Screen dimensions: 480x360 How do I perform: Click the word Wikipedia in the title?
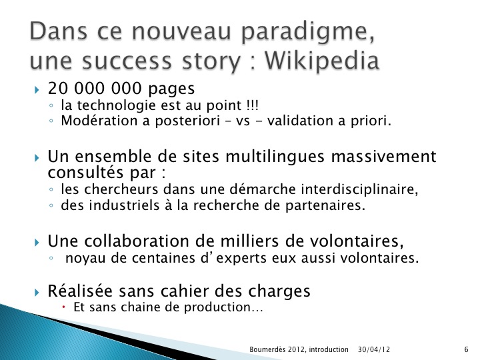pyautogui.click(x=322, y=61)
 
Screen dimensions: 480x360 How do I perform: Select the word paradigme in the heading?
pyautogui.click(x=308, y=33)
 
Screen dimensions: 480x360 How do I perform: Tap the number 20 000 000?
pyautogui.click(x=95, y=89)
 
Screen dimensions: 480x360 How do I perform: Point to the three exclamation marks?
pyautogui.click(x=253, y=105)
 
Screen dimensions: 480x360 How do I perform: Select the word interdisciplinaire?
pyautogui.click(x=360, y=189)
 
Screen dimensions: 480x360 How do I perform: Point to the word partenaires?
pyautogui.click(x=325, y=206)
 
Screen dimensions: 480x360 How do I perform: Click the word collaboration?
pyautogui.click(x=137, y=241)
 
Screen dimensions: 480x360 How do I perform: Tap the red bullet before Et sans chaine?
pyautogui.click(x=64, y=307)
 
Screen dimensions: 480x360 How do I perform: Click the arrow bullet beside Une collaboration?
pyautogui.click(x=37, y=243)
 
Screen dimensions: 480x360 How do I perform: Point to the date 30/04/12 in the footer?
pyautogui.click(x=374, y=349)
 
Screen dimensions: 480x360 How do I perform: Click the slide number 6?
pyautogui.click(x=466, y=349)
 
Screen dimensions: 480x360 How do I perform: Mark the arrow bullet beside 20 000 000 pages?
pyautogui.click(x=37, y=90)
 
